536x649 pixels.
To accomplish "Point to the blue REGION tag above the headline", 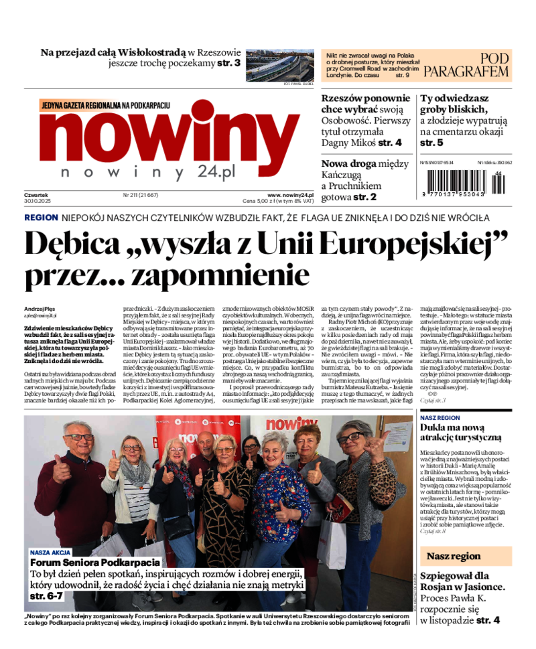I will tap(41, 218).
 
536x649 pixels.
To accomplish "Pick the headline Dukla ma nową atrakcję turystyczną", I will tap(461, 432).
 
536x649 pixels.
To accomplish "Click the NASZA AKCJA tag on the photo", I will tap(50, 553).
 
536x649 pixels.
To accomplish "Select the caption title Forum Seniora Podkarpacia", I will tap(95, 563).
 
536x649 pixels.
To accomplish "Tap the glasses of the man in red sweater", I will tap(78, 437).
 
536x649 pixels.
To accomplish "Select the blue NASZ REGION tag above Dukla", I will tap(440, 417).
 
